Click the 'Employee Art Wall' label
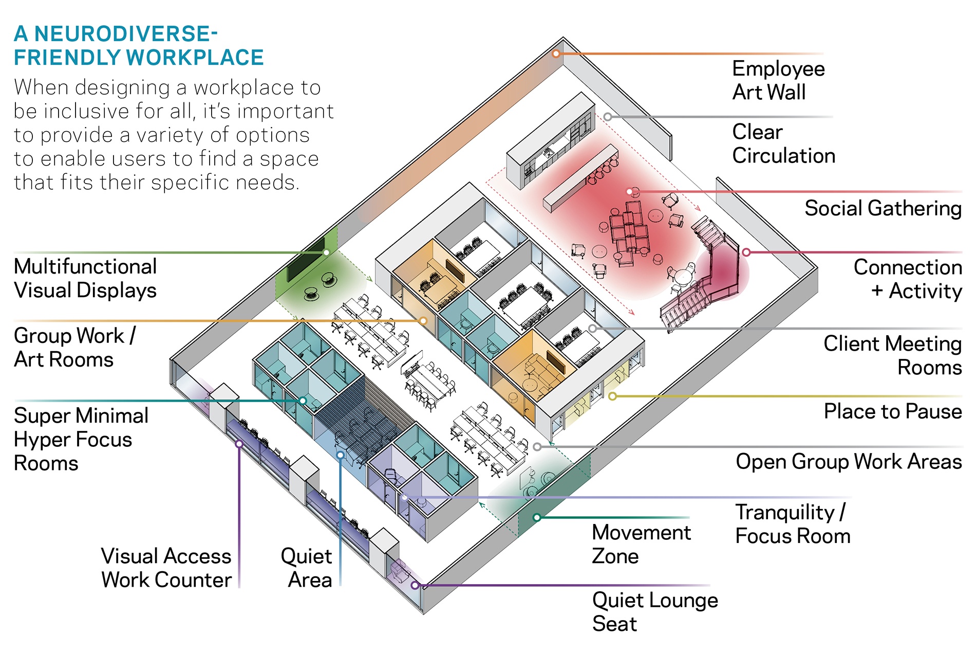point(778,81)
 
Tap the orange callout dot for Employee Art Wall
point(556,53)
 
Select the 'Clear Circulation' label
point(783,144)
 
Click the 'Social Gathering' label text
point(882,209)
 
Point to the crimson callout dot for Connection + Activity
point(746,252)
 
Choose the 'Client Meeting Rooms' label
point(892,355)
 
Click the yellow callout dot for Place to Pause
point(612,396)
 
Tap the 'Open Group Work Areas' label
point(848,462)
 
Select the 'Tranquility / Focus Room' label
point(792,524)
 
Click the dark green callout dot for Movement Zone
point(537,517)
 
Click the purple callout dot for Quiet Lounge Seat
point(415,585)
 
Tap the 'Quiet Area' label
point(307,568)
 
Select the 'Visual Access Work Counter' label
point(166,568)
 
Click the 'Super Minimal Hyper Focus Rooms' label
point(81,439)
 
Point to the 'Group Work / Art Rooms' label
point(74,348)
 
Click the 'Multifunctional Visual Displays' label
point(85,278)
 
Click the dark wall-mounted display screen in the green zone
point(307,260)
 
